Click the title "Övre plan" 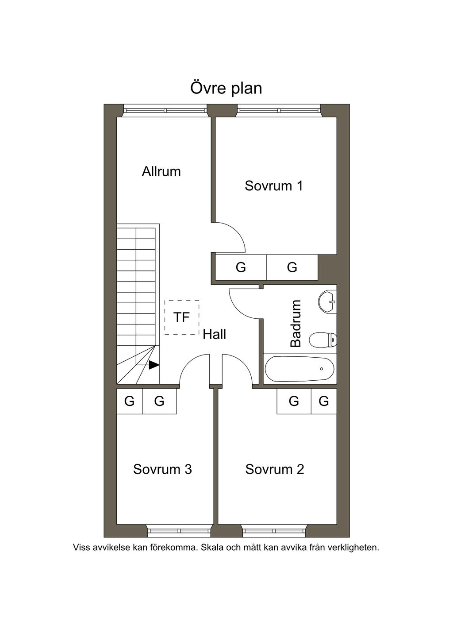(x=226, y=88)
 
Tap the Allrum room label (x=161, y=171)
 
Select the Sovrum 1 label (x=274, y=185)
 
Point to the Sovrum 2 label (x=275, y=469)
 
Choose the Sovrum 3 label (x=162, y=469)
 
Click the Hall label (x=215, y=334)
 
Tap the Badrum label (x=296, y=324)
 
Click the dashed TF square (x=182, y=317)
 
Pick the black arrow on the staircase (x=154, y=365)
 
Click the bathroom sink (x=328, y=302)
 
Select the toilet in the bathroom (x=323, y=340)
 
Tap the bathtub (x=299, y=369)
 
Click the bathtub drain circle (x=321, y=369)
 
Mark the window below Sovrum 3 (x=179, y=530)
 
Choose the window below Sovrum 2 (x=274, y=530)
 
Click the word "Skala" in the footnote (x=212, y=548)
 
